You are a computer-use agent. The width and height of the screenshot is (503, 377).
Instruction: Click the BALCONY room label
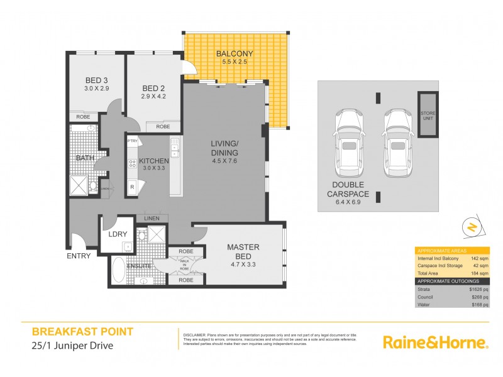234,53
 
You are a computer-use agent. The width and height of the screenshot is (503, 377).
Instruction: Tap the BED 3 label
97,80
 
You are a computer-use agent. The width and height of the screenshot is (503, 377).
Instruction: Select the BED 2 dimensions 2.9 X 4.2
153,97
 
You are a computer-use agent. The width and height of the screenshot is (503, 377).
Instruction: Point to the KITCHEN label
154,161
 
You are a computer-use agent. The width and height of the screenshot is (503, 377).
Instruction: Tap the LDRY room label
118,234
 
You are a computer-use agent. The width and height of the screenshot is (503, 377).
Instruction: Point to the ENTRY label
79,256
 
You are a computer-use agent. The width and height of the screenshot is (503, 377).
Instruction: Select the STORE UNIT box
428,116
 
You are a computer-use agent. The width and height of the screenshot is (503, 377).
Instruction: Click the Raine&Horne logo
435,342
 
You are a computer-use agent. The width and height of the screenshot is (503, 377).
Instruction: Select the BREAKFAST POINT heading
82,331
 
